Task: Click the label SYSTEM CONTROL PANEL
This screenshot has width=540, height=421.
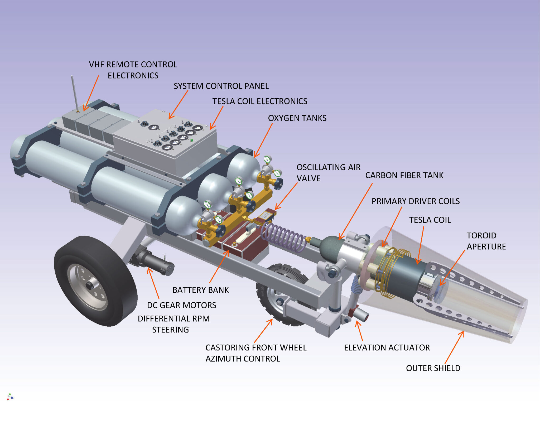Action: [x=221, y=86]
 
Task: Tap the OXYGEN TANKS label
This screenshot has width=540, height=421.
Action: [x=297, y=118]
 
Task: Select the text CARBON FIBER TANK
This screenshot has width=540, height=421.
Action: [x=404, y=175]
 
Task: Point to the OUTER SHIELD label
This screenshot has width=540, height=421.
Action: [x=433, y=368]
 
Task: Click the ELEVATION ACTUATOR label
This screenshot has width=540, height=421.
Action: [x=387, y=348]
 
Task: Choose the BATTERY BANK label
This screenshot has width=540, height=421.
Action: [x=201, y=290]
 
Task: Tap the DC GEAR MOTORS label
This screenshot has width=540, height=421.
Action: [x=181, y=305]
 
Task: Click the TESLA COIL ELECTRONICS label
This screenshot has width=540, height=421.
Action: [x=260, y=101]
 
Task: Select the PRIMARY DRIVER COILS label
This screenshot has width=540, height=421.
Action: [x=416, y=201]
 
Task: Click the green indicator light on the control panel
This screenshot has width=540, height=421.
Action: [x=192, y=140]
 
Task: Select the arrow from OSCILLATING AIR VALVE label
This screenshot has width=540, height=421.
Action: [x=286, y=196]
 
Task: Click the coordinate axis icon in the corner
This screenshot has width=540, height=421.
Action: [x=10, y=397]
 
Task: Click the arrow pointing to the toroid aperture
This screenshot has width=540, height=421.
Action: [x=452, y=268]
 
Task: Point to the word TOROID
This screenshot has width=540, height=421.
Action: [x=481, y=235]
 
